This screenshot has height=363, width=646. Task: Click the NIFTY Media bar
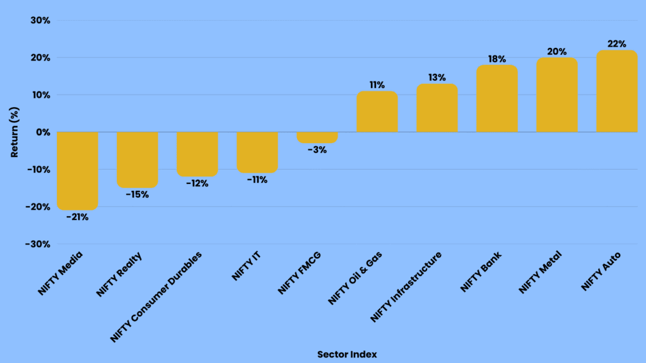click(x=78, y=170)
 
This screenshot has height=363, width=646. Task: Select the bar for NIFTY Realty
click(x=138, y=159)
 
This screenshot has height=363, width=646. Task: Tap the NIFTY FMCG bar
click(x=317, y=137)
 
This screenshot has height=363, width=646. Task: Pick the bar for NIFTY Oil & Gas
click(x=377, y=112)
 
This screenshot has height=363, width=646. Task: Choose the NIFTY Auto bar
click(x=617, y=91)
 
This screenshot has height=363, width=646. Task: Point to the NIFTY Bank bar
click(x=497, y=99)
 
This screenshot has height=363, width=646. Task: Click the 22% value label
click(x=617, y=44)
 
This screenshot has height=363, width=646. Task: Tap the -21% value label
click(x=78, y=217)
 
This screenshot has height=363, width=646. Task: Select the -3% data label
click(x=317, y=150)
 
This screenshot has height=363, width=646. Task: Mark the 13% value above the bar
click(x=437, y=78)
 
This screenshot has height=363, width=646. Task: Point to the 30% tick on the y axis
click(x=40, y=21)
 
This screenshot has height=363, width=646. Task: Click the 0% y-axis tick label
click(x=42, y=132)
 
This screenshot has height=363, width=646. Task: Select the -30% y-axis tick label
click(x=37, y=244)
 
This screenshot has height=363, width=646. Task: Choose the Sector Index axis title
click(x=347, y=354)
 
